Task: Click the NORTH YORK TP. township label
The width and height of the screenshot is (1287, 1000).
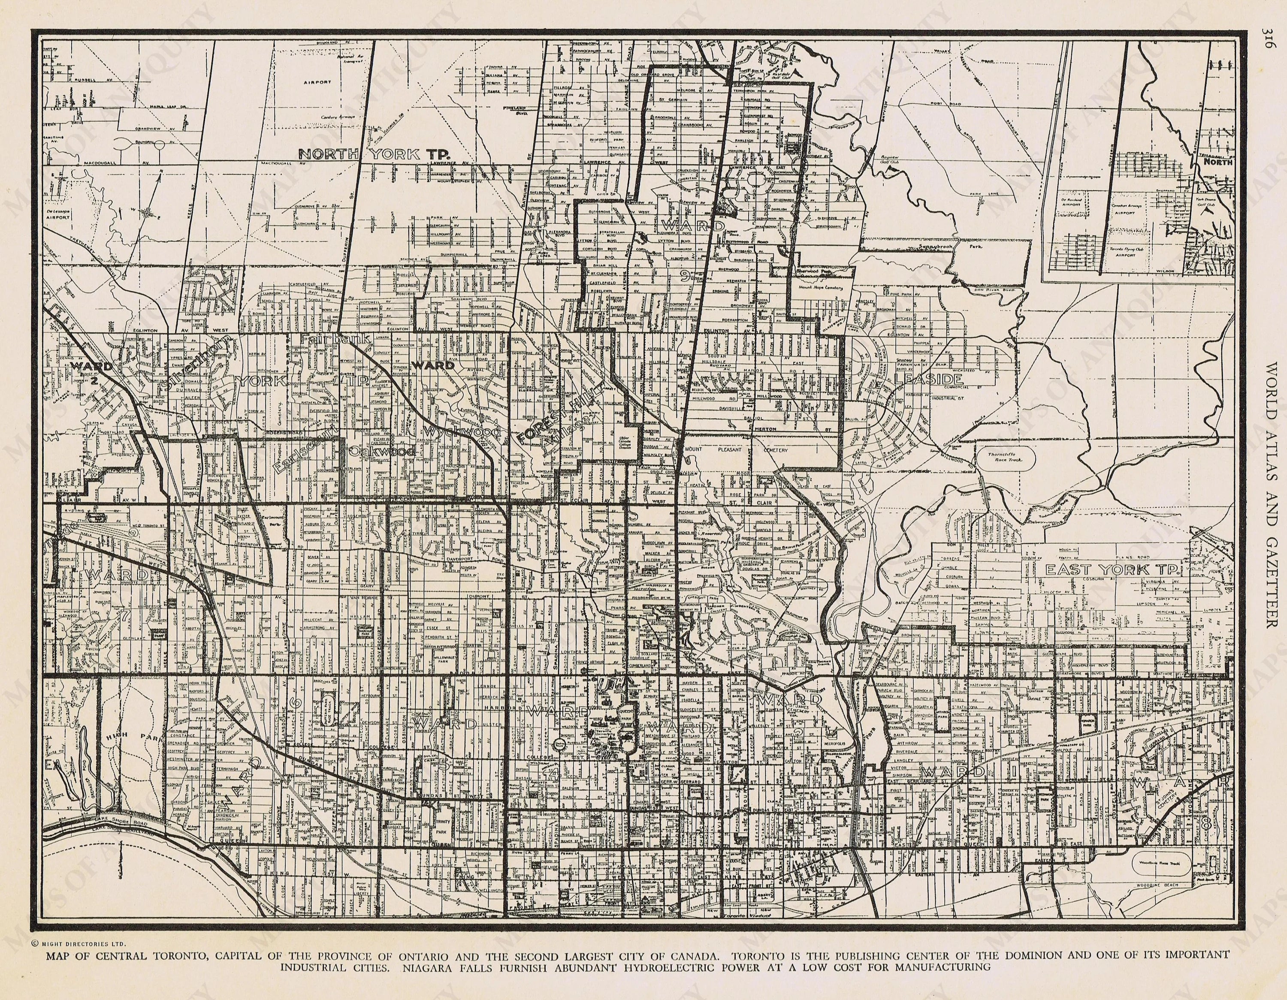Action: [375, 155]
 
